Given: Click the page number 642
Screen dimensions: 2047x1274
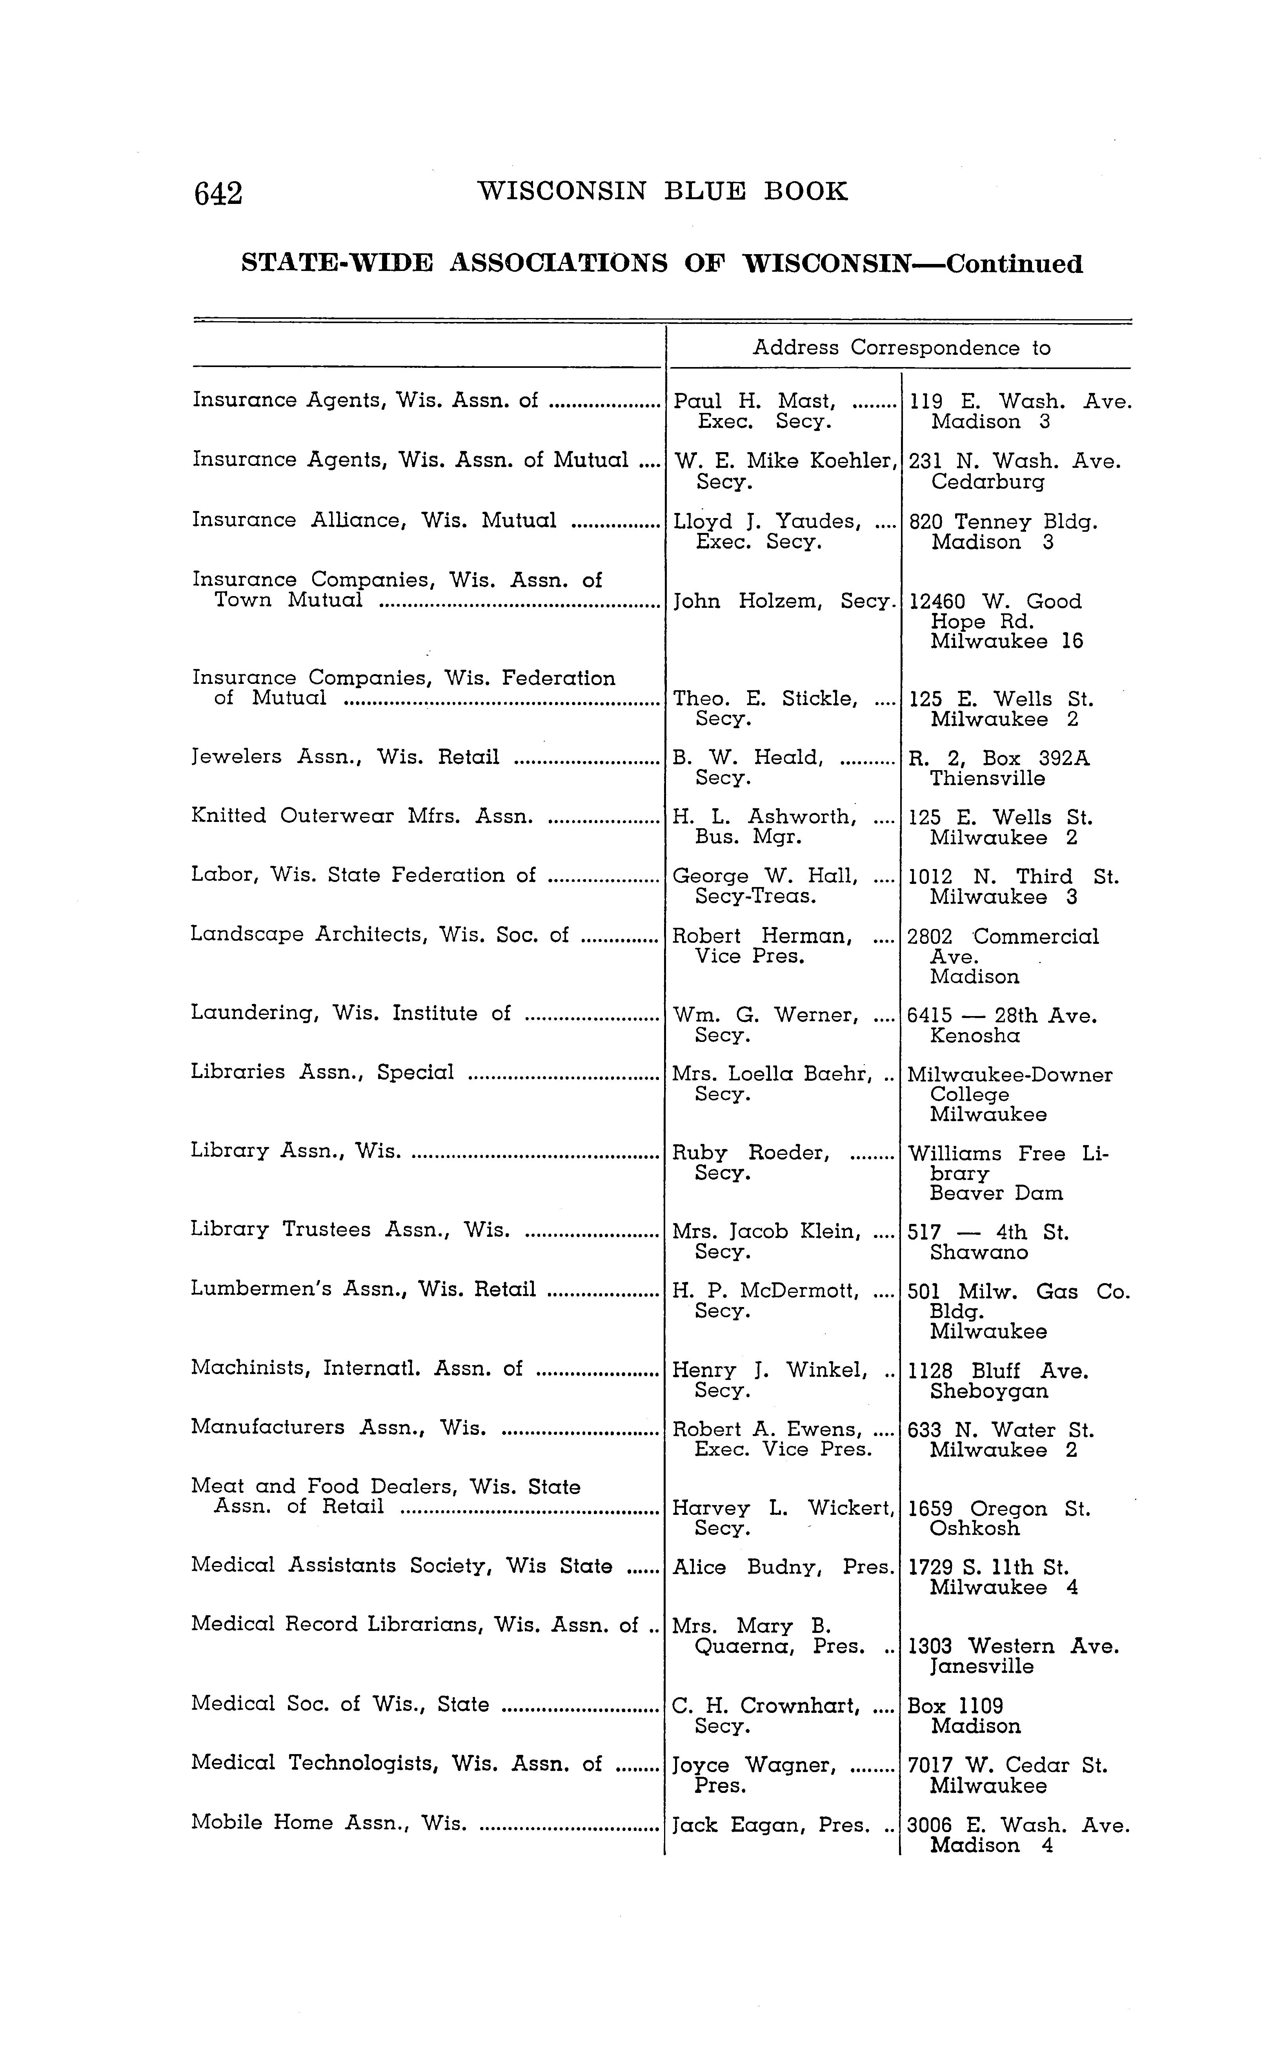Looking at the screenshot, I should coord(218,194).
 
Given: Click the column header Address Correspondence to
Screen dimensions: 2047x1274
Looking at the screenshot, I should coord(901,348).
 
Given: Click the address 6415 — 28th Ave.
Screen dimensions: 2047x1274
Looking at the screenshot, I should coord(1002,1015).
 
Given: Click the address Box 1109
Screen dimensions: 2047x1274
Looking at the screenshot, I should coord(955,1706).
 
